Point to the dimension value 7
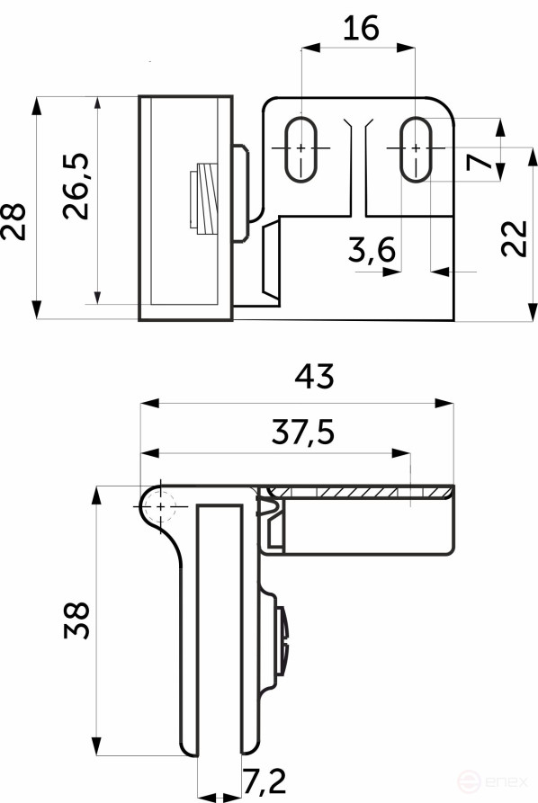(481, 164)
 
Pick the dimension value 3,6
(372, 254)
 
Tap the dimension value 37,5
(302, 433)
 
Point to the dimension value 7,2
(266, 781)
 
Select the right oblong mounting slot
(415, 147)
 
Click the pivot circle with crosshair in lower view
(160, 507)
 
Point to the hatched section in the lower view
(360, 492)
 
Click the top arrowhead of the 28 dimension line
(37, 104)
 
